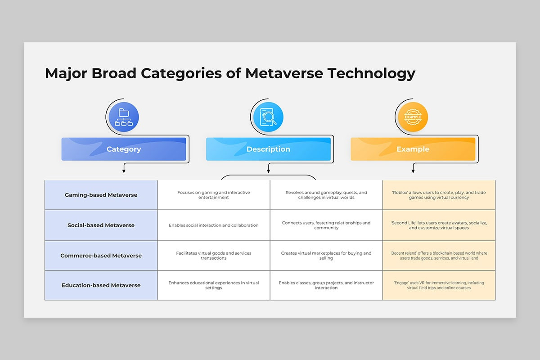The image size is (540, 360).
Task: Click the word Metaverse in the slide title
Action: point(284,73)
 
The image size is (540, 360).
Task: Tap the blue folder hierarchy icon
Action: point(124,117)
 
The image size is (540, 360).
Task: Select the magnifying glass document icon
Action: point(268,117)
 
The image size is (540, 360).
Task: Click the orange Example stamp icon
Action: point(413,117)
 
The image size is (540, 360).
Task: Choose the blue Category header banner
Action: point(124,149)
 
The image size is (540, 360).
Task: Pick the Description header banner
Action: point(268,149)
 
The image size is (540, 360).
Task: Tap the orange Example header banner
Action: point(413,149)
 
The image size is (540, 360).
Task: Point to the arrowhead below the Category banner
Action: point(124,171)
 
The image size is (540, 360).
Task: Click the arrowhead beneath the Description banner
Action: point(268,171)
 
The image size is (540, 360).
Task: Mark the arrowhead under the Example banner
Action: point(413,171)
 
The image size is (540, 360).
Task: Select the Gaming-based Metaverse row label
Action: point(101,195)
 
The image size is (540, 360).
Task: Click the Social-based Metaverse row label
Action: point(101,225)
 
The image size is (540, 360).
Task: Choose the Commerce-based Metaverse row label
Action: point(101,256)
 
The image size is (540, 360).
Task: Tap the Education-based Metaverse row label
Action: point(101,285)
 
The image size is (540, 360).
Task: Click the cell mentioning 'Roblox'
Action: point(439,195)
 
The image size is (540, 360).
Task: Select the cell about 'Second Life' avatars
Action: point(439,225)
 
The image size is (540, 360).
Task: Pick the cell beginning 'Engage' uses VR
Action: point(439,285)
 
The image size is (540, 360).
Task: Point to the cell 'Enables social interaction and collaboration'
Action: point(214,225)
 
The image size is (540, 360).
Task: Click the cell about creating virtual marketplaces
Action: point(326,256)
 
